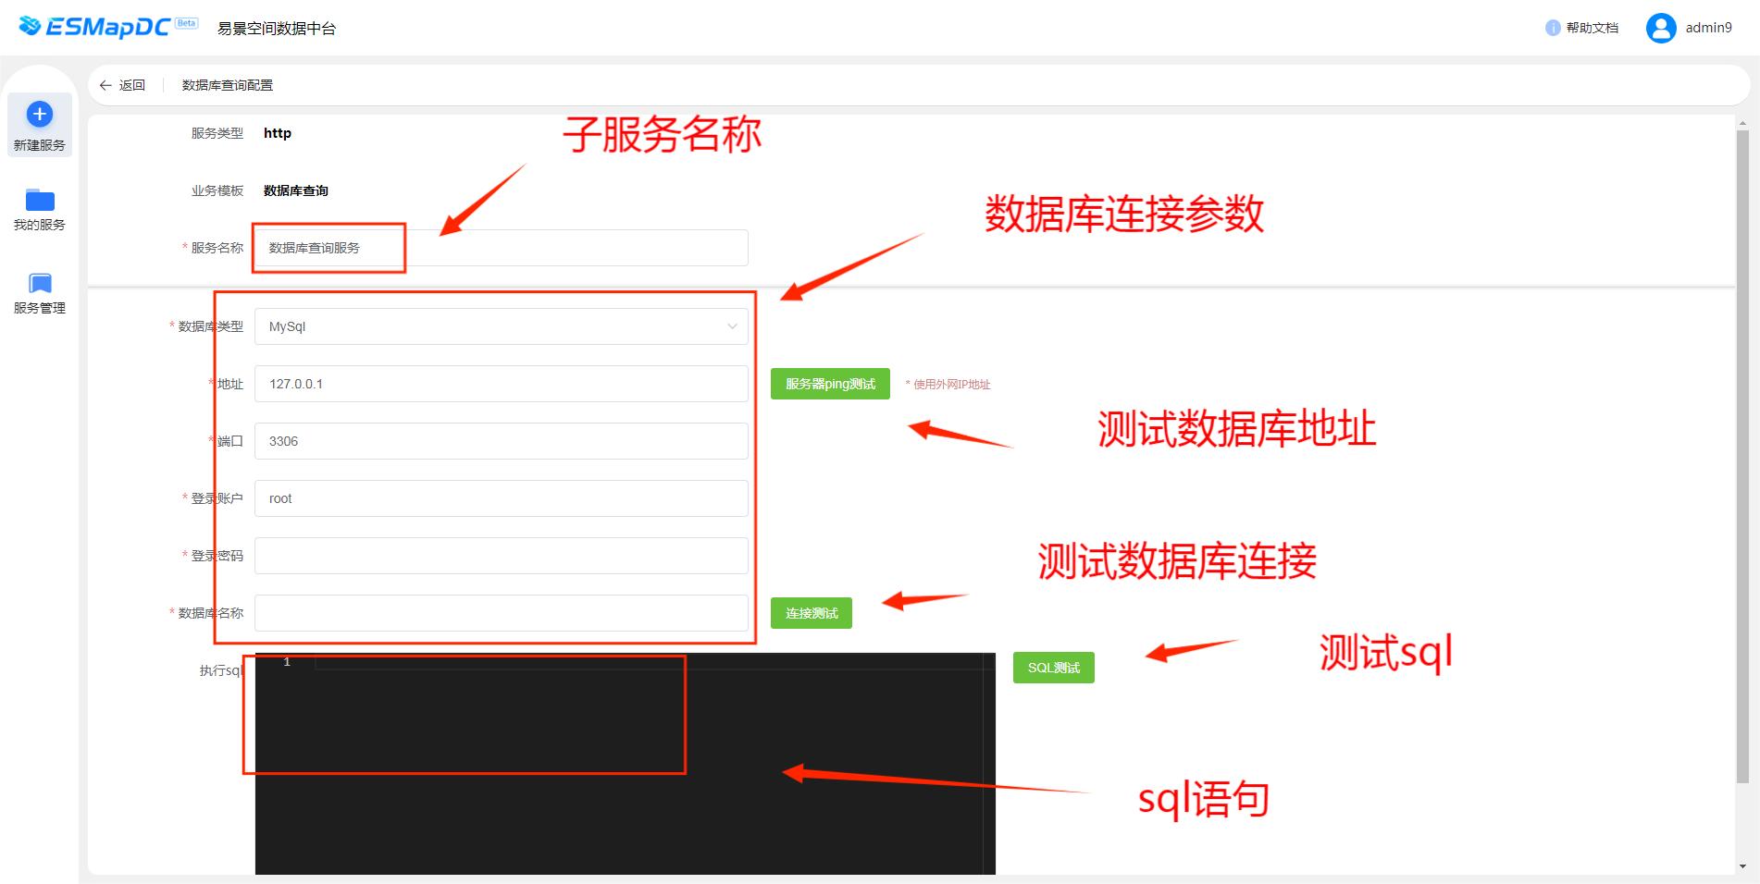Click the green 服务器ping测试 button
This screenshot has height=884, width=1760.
tap(830, 384)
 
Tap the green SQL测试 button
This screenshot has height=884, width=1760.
tap(1053, 668)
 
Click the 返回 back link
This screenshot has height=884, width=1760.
tap(122, 85)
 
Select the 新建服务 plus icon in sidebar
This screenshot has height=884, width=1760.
tap(40, 115)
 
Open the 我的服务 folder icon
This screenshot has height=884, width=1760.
tap(40, 200)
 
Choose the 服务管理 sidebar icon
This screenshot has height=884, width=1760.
tap(40, 283)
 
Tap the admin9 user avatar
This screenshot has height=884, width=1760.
tap(1661, 28)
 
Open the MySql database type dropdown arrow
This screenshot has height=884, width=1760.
tap(732, 326)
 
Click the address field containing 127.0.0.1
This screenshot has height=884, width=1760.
tap(502, 384)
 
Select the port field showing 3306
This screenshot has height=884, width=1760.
tap(502, 441)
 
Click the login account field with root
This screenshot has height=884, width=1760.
tap(502, 498)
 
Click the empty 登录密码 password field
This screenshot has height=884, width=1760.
tap(502, 556)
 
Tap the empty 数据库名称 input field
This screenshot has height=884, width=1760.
tap(502, 613)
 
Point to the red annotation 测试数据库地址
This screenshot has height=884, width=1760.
tap(1237, 429)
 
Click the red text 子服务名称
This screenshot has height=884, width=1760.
tap(663, 134)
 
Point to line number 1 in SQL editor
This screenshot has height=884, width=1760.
tap(287, 662)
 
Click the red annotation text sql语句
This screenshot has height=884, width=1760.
tap(1203, 799)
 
